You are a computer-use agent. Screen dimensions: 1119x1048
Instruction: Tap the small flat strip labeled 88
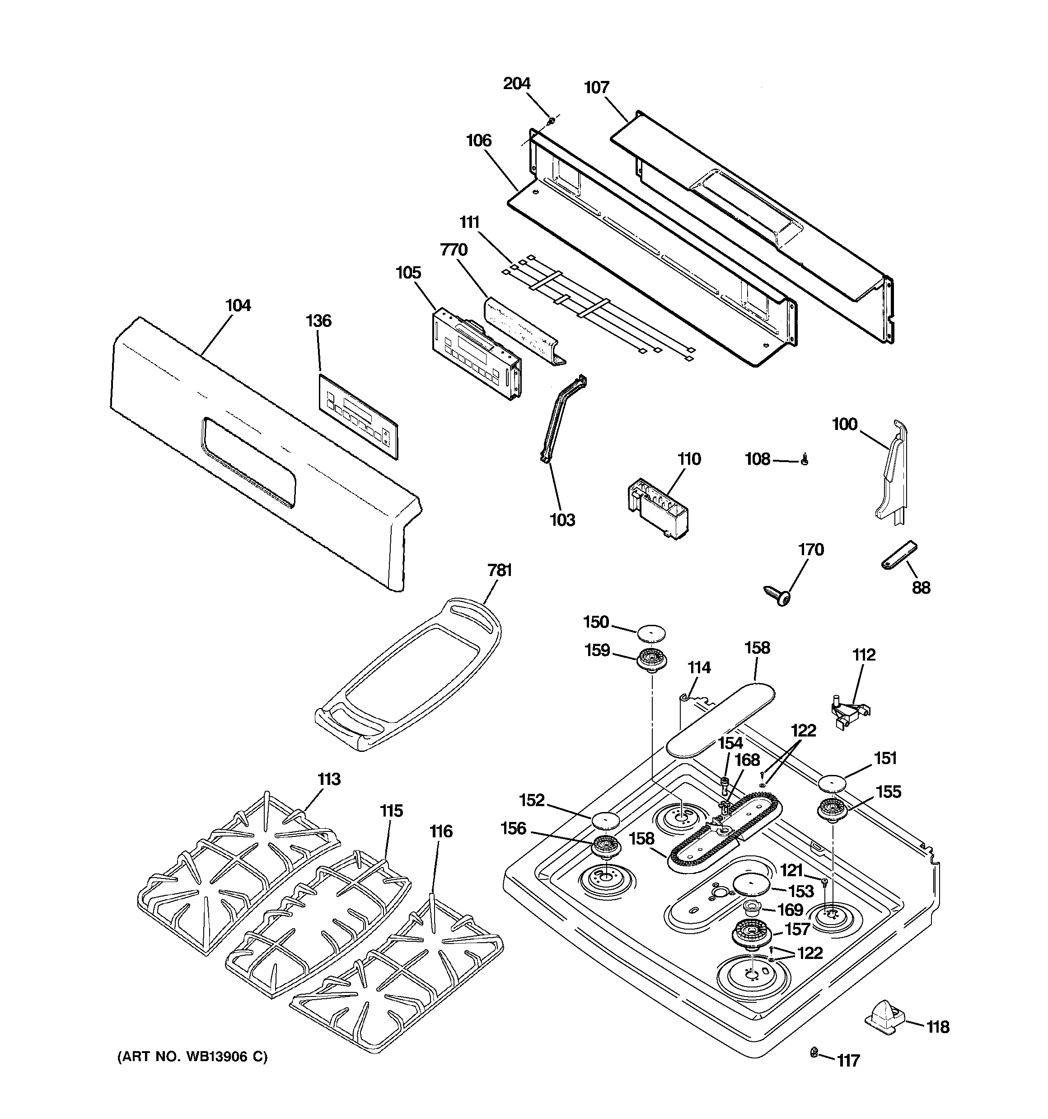coord(898,556)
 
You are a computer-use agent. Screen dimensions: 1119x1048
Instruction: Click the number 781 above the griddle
coord(499,570)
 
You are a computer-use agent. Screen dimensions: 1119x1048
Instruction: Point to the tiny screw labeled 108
coord(805,460)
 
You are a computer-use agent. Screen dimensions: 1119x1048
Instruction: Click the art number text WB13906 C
coord(192,1057)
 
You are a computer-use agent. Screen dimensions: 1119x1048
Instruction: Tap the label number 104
coord(238,306)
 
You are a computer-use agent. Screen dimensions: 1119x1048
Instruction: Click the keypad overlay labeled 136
coord(358,415)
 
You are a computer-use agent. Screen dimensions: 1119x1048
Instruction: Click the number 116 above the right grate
coord(440,831)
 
